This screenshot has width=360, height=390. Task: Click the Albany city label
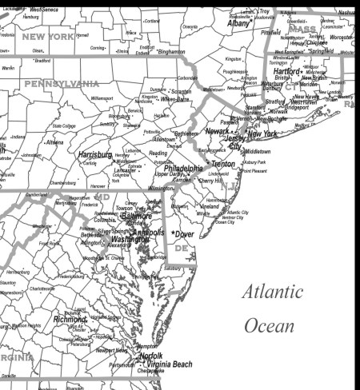(239, 24)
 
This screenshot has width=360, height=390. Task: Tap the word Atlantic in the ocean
(274, 292)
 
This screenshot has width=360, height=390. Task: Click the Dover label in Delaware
(185, 234)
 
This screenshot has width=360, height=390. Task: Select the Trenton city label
(223, 163)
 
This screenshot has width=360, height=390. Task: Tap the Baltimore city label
(135, 217)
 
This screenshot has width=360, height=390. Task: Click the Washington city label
(130, 239)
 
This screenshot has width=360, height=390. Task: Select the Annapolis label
(150, 233)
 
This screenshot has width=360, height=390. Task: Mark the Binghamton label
(171, 52)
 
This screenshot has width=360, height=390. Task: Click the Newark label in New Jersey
(218, 130)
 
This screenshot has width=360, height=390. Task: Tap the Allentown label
(164, 139)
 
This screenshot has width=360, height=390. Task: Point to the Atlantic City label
(233, 212)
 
